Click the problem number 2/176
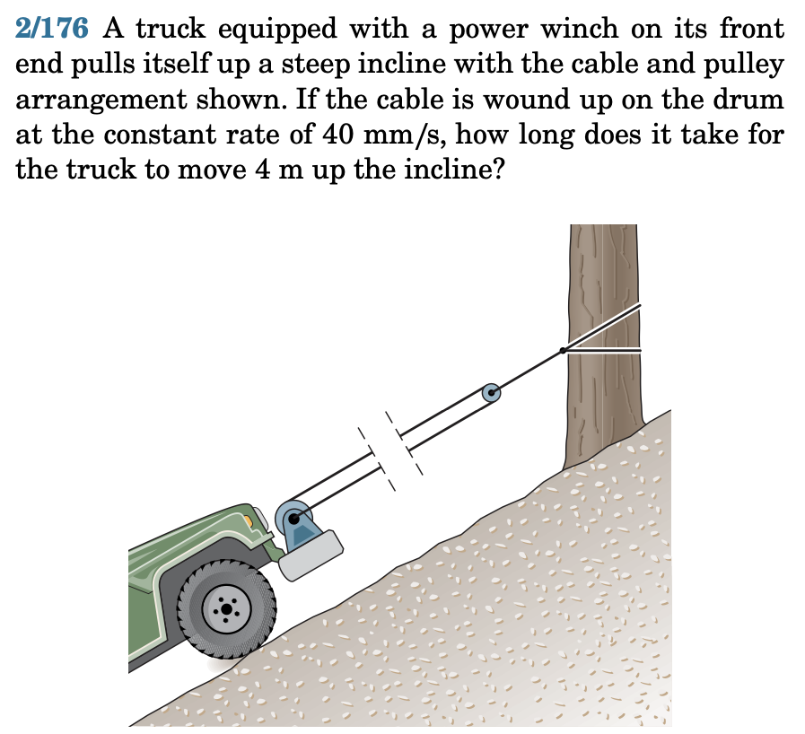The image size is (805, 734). tap(52, 29)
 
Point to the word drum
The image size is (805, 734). tap(750, 100)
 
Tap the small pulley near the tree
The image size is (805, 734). tap(491, 392)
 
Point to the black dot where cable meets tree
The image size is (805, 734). tap(562, 350)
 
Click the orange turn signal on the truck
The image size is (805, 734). tap(263, 520)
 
